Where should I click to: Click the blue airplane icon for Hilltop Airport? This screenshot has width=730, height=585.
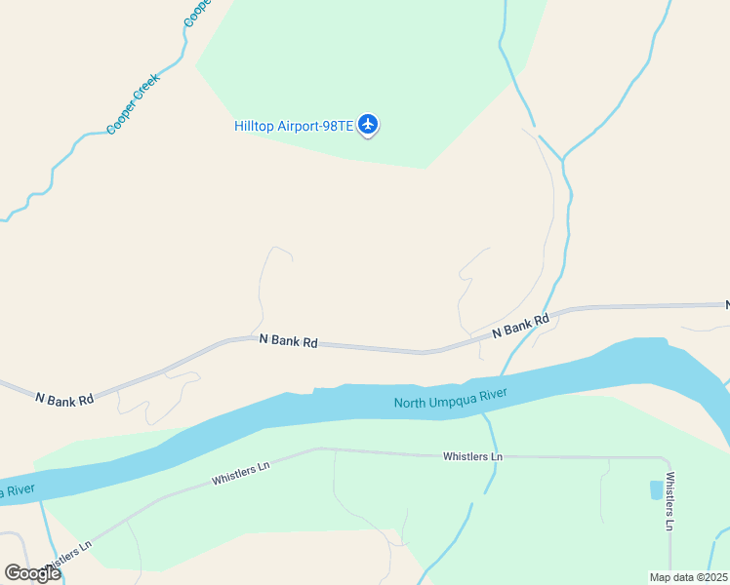368,124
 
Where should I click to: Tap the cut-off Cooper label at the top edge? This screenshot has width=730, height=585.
197,12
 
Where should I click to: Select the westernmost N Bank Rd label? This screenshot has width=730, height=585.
64,399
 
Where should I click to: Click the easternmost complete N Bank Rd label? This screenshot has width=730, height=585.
520,326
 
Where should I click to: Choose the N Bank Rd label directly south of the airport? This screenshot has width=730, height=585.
289,341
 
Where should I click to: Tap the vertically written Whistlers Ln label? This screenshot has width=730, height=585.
670,501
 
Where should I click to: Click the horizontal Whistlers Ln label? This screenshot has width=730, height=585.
472,456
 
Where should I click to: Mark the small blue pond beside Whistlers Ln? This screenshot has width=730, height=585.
655,489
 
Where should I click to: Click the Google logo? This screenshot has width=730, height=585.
32,572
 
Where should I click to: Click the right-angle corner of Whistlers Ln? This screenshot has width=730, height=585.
668,458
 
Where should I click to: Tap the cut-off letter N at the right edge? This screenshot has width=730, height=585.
726,305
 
